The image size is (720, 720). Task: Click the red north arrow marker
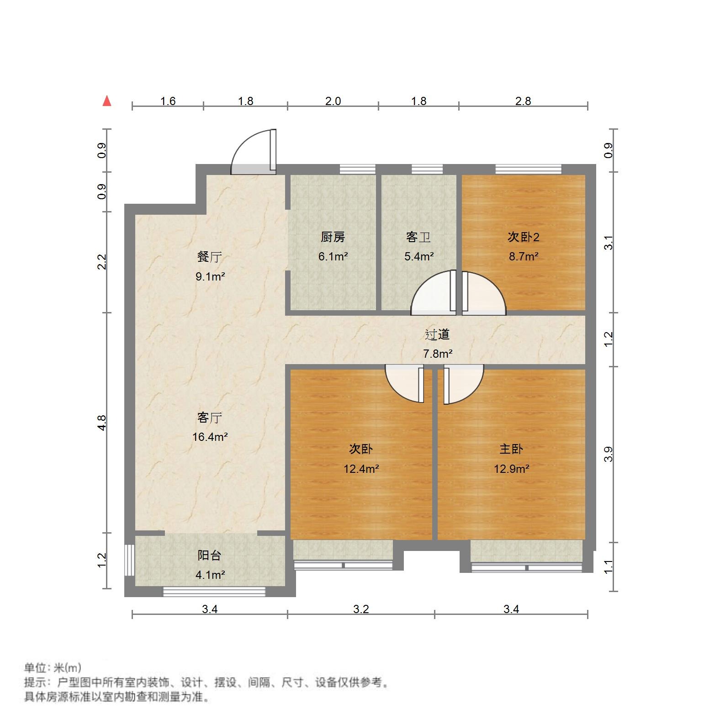point(107,101)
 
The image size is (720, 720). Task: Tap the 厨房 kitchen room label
point(333,237)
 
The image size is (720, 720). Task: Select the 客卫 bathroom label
point(418,237)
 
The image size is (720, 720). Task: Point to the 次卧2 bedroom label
point(524,237)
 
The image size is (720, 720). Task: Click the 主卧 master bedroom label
point(511,449)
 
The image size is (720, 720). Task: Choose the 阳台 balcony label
point(210,556)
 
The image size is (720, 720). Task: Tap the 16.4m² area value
point(210,437)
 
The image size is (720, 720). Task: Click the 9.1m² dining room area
point(210,276)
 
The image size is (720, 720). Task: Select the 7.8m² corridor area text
point(438,354)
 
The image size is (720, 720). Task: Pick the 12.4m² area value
point(361,469)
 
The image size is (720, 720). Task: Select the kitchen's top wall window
point(357,169)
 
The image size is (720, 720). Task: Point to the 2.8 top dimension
point(523,101)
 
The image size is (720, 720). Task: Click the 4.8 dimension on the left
point(102,423)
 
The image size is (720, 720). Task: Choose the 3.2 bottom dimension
point(361,609)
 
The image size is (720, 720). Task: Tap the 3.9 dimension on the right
point(608,454)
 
